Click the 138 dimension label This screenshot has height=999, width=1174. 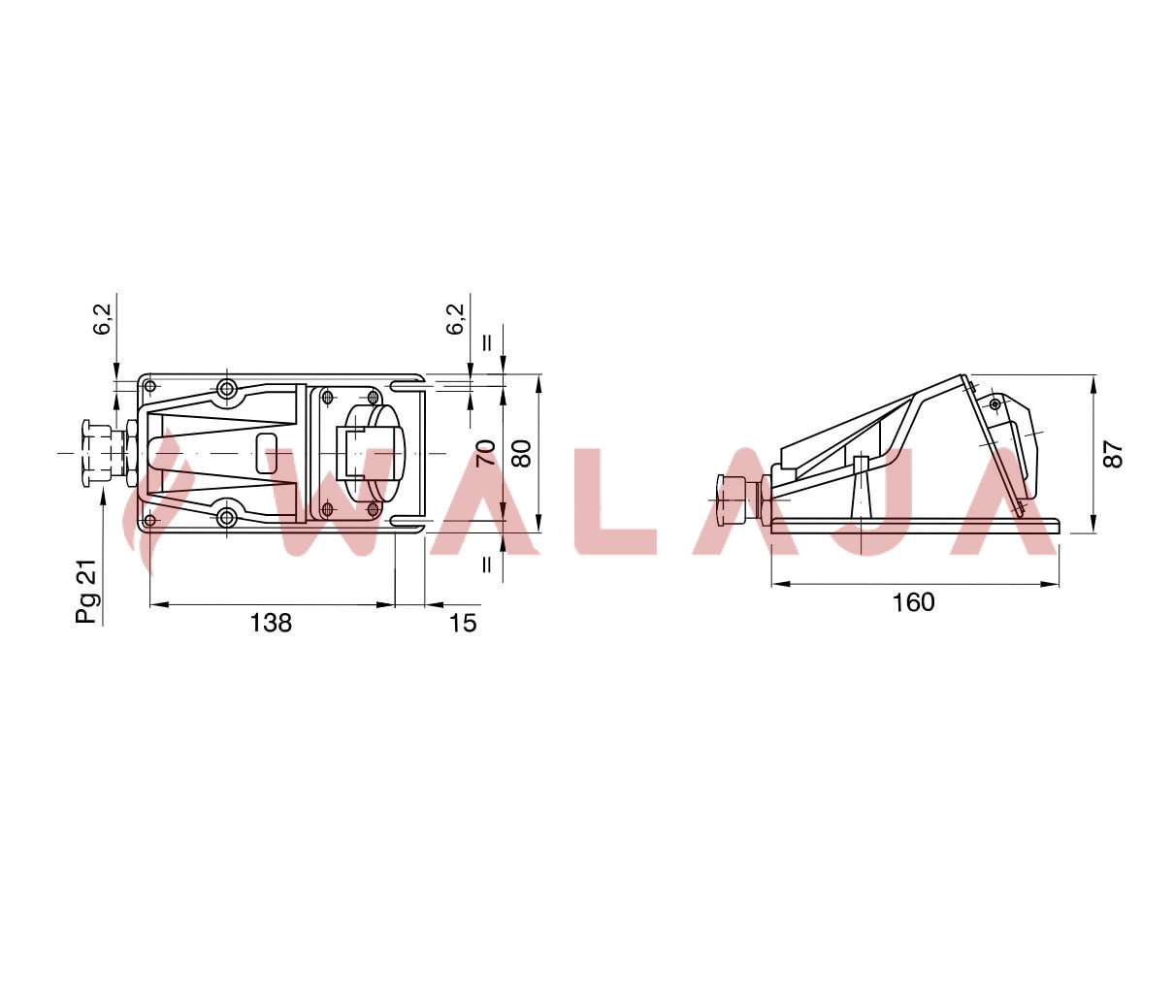pos(271,623)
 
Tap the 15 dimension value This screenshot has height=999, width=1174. pos(463,623)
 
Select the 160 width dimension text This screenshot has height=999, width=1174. pos(913,602)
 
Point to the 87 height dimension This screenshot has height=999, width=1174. pos(1114,454)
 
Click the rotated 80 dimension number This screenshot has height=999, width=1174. pos(521,453)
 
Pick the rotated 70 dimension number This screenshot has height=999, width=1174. pos(486,453)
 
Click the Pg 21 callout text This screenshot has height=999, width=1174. pos(87,591)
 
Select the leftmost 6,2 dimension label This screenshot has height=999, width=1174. pos(105,319)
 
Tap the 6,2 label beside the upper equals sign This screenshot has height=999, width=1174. pos(455,319)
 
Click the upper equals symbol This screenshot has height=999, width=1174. pos(487,342)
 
